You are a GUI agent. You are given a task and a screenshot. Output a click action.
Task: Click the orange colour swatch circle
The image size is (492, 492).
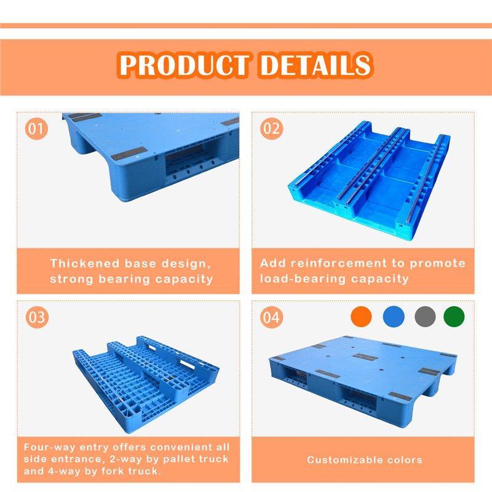coord(361,316)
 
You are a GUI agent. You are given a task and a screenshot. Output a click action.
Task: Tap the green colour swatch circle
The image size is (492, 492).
coord(454,316)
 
